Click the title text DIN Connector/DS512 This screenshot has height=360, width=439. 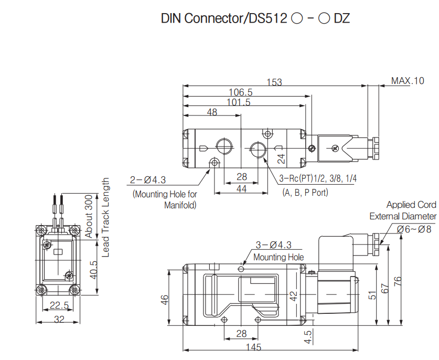pos(224,18)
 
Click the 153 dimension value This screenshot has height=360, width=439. pos(274,82)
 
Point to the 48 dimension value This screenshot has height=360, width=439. pos(212,112)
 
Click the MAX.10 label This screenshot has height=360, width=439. pos(408,81)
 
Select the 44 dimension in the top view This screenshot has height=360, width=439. pos(241,189)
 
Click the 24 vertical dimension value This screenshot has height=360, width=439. pos(281,158)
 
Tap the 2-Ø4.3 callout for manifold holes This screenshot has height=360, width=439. pos(147,180)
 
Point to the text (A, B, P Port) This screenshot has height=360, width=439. pos(305,193)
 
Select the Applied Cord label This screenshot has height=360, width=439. pos(411,205)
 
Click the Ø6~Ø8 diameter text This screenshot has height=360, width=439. pos(414,229)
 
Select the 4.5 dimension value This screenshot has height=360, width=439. pos(308,336)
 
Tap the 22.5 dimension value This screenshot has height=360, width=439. pos(59,305)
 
